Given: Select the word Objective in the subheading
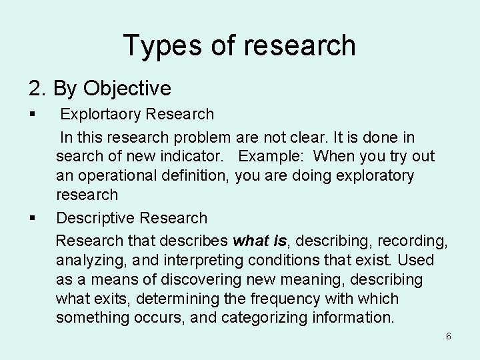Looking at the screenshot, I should pyautogui.click(x=129, y=88).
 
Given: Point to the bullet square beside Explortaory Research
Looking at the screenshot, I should pyautogui.click(x=32, y=114).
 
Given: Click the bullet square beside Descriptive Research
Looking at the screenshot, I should pyautogui.click(x=32, y=218).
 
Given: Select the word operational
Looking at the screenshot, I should pyautogui.click(x=117, y=176).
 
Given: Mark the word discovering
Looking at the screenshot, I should pyautogui.click(x=191, y=279).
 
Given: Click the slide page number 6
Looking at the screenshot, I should pyautogui.click(x=448, y=336).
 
